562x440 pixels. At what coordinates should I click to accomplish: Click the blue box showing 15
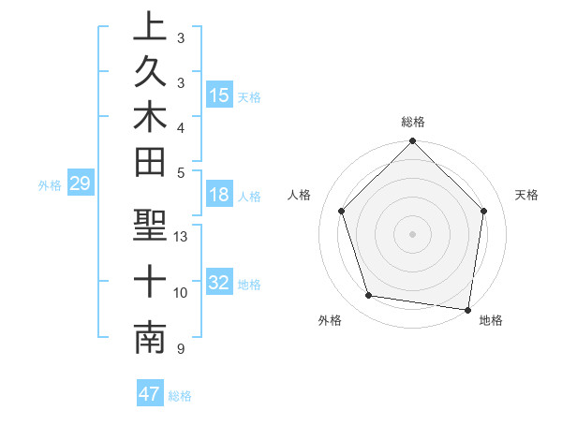[x=219, y=95]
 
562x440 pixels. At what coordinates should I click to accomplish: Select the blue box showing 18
[x=219, y=196]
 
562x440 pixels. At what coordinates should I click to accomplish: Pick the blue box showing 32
[x=219, y=283]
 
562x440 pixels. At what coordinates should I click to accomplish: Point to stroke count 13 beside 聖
[x=181, y=237]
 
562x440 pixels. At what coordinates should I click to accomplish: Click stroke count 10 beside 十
[x=181, y=293]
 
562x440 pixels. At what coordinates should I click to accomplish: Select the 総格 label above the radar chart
[x=413, y=122]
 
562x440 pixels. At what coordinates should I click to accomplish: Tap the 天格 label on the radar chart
[x=527, y=195]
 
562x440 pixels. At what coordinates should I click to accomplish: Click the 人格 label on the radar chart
[x=300, y=195]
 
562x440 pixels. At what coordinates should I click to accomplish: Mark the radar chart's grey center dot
[x=413, y=233]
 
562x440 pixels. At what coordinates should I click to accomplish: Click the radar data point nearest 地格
[x=468, y=309]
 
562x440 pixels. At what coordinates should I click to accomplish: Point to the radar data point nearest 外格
[x=369, y=296]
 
